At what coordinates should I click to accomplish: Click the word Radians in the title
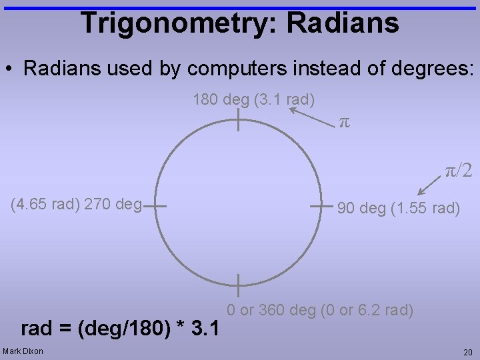343,23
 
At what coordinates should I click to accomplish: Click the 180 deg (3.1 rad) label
253,100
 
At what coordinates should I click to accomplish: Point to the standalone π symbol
344,123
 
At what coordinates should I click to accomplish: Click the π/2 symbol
459,171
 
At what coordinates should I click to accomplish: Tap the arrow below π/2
428,187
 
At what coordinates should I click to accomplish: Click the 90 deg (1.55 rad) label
399,208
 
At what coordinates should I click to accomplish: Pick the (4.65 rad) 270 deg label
77,204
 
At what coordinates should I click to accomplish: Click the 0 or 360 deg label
320,310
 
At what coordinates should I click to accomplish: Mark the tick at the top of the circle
237,121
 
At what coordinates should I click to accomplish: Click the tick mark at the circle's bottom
237,285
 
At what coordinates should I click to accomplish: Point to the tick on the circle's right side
321,206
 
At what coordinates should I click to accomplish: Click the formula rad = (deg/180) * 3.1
121,328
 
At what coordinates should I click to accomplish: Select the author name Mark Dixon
23,351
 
